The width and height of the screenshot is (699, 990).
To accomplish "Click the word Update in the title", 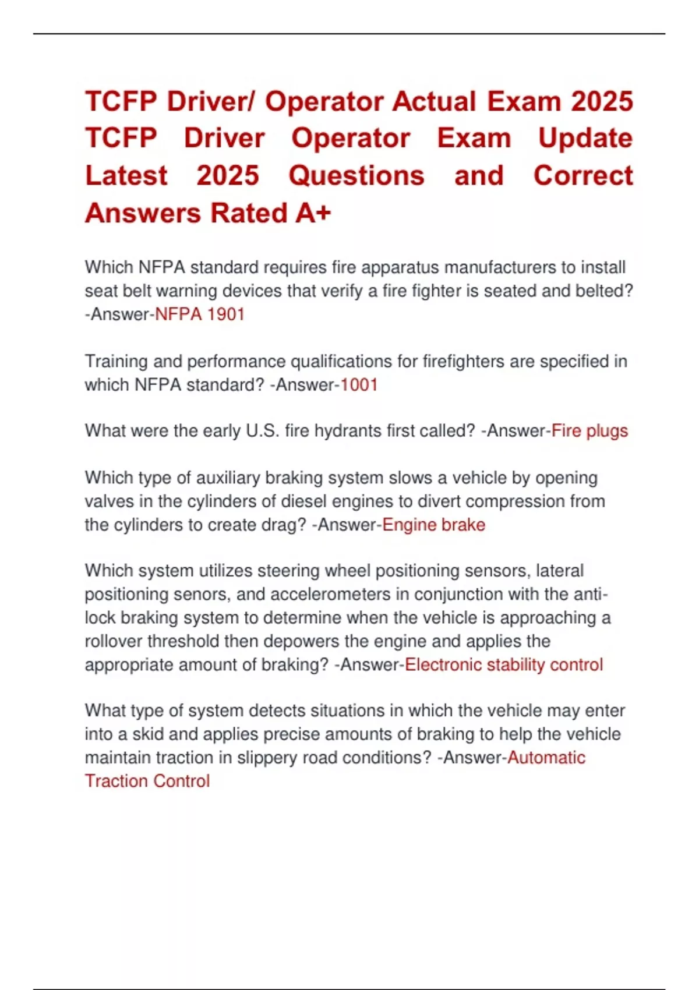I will pyautogui.click(x=585, y=139).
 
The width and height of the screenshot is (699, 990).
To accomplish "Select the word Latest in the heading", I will pyautogui.click(x=126, y=176).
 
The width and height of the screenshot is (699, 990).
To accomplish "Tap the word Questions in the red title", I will pyautogui.click(x=356, y=176).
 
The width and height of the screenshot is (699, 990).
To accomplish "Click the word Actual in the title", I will pyautogui.click(x=434, y=101).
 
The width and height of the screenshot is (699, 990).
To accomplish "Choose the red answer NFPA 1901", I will pyautogui.click(x=200, y=314).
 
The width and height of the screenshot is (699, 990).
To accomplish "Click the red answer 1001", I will pyautogui.click(x=359, y=385).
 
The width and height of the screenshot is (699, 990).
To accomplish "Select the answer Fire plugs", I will pyautogui.click(x=589, y=431).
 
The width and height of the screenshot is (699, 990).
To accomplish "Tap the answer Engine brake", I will pyautogui.click(x=433, y=525).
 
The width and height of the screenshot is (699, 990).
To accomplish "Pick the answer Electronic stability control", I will pyautogui.click(x=504, y=664).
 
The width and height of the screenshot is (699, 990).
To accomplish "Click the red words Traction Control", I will pyautogui.click(x=147, y=781).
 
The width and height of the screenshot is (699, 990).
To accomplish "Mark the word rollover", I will pyautogui.click(x=114, y=641).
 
